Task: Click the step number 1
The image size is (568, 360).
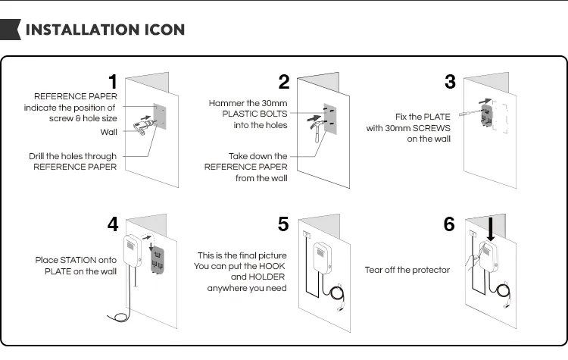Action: tap(112, 81)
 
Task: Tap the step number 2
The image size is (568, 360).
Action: tap(284, 81)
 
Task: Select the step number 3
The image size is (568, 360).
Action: tap(450, 81)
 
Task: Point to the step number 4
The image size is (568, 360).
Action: tap(112, 224)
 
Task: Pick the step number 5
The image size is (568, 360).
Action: tap(283, 224)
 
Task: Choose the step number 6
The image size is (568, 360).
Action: tap(449, 224)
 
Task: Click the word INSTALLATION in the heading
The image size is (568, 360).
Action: tap(83, 30)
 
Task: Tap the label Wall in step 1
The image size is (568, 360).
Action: tap(109, 132)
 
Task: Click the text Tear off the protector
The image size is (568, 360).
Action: tap(407, 270)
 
